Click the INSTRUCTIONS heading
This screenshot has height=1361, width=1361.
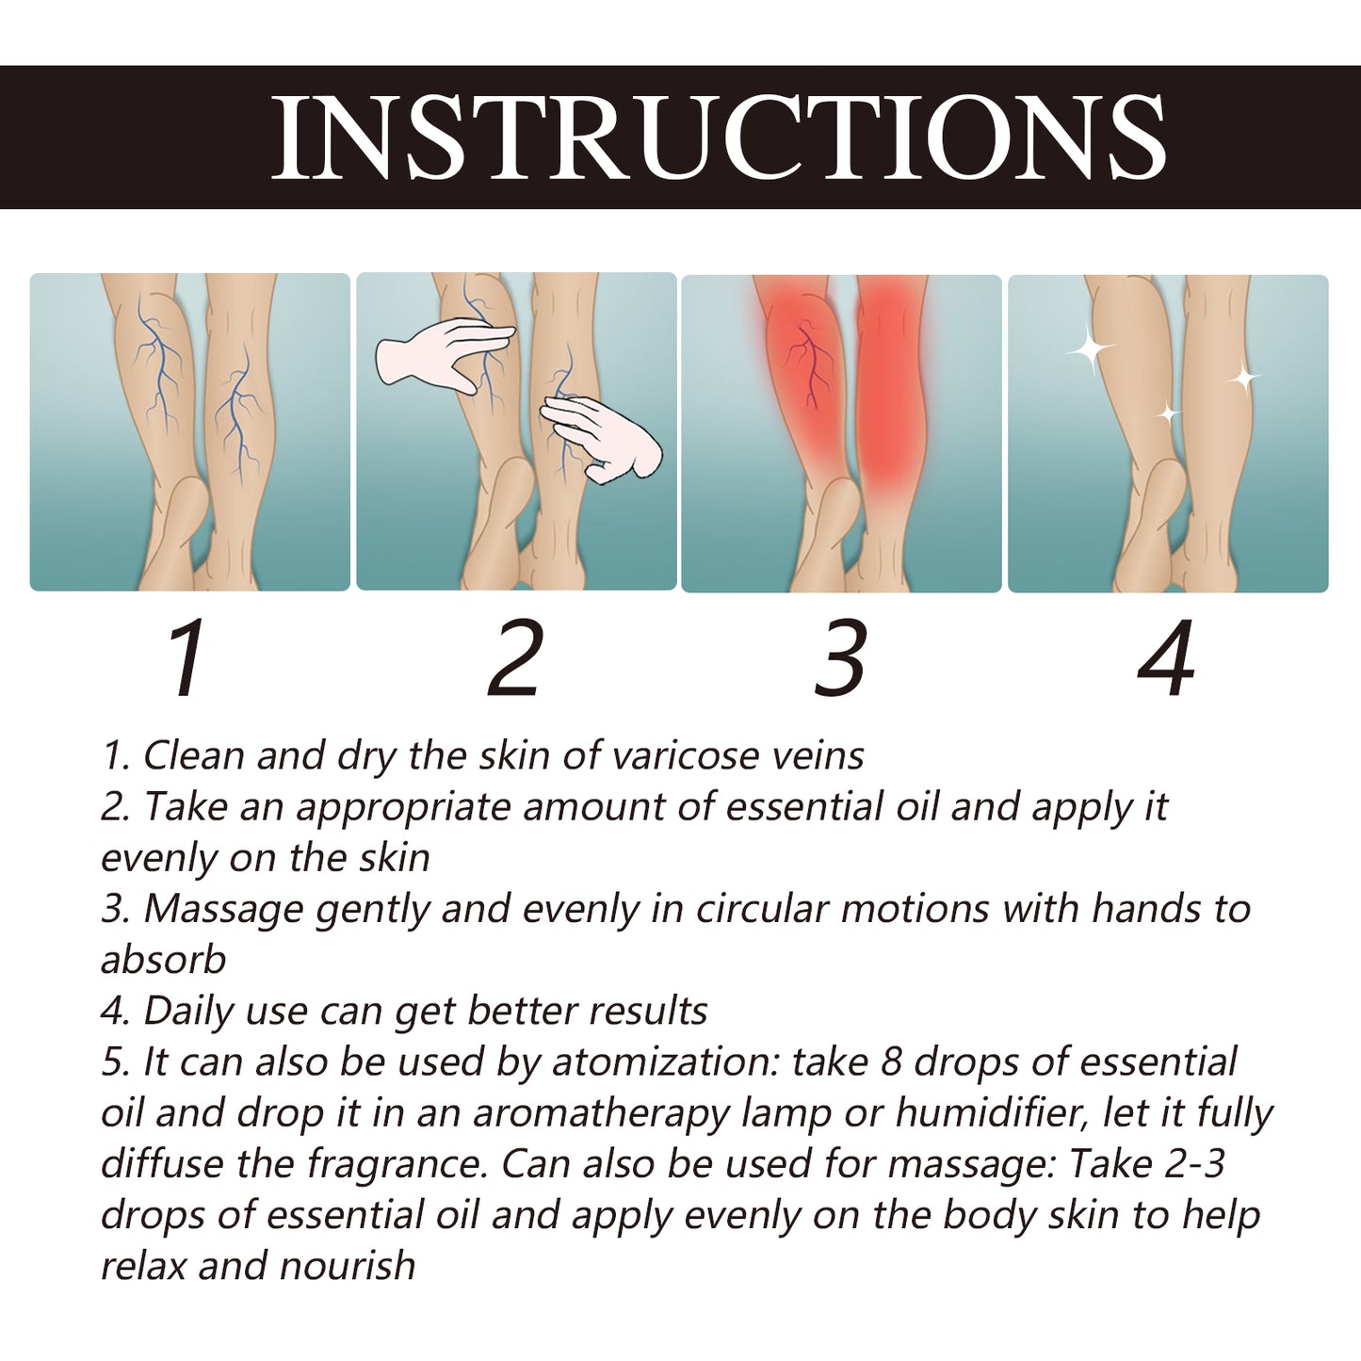[718, 137]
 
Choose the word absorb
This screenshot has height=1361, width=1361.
[164, 960]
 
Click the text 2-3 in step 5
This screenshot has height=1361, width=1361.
[1194, 1164]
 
